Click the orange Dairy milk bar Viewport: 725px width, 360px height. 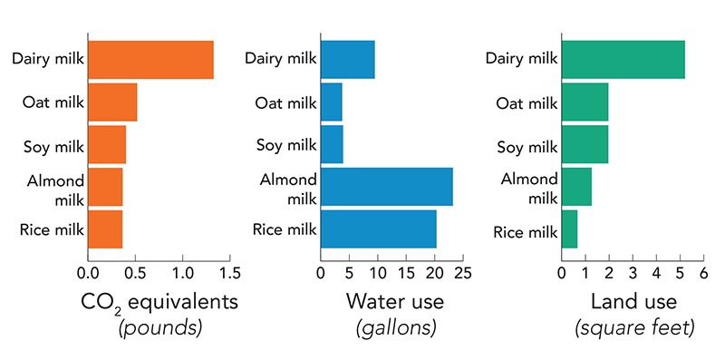pyautogui.click(x=150, y=61)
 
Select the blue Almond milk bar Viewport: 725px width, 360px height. pyautogui.click(x=387, y=187)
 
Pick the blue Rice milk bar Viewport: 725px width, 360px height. pyautogui.click(x=379, y=229)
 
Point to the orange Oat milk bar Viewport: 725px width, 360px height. pyautogui.click(x=112, y=102)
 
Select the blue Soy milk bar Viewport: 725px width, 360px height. pyautogui.click(x=332, y=145)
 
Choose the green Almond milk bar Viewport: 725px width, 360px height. pyautogui.click(x=577, y=187)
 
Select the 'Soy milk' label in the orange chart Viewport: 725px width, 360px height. pyautogui.click(x=53, y=145)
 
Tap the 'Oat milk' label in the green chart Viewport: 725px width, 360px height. pyautogui.click(x=527, y=102)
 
